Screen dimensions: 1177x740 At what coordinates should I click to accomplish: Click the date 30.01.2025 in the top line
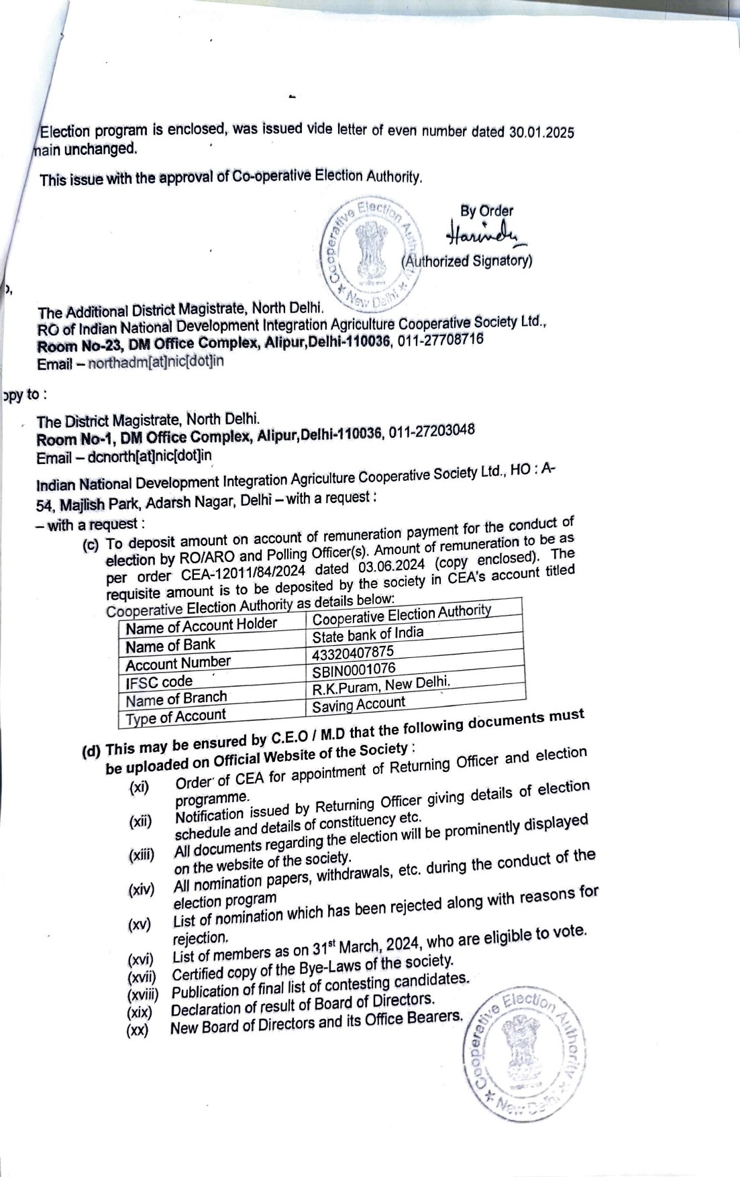tap(541, 132)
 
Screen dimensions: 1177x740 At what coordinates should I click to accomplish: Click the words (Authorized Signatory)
tap(467, 261)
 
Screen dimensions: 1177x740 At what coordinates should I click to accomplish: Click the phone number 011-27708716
tap(441, 340)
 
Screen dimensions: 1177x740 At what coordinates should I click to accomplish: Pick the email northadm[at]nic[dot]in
tap(156, 362)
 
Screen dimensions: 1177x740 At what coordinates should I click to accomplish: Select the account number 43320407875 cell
tap(353, 653)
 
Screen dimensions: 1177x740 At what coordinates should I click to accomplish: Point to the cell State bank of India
tap(368, 634)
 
